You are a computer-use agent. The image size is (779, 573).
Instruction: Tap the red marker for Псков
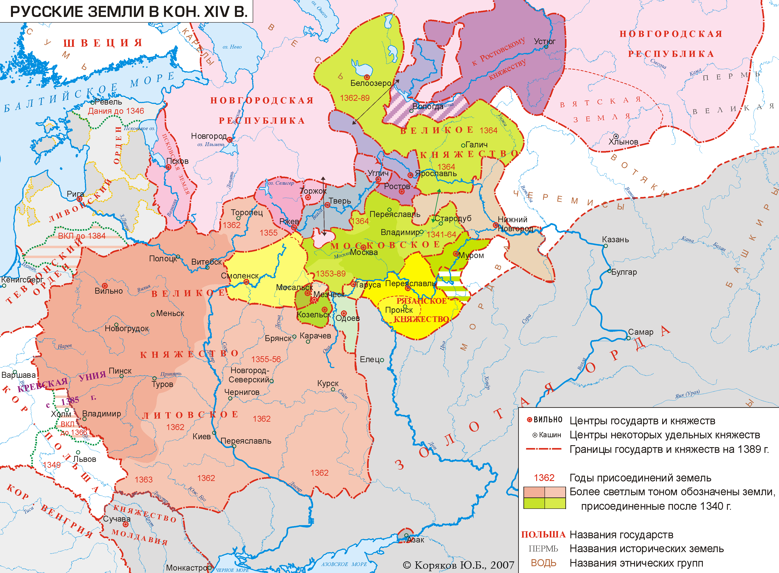click(x=168, y=167)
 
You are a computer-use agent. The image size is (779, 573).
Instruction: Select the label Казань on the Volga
click(x=615, y=240)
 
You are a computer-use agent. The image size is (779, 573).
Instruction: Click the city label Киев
click(x=201, y=436)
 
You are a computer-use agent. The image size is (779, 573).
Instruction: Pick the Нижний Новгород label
click(x=515, y=224)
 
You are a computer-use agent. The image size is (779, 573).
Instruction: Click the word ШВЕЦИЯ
click(x=103, y=43)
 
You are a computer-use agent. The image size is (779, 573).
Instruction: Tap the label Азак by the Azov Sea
click(x=415, y=540)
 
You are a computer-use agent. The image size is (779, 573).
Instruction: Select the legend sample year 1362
click(x=544, y=478)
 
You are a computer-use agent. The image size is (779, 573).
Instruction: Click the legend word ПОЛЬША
click(x=543, y=535)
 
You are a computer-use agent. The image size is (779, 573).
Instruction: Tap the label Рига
click(x=75, y=194)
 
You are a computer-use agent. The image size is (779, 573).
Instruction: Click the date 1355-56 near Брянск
click(x=266, y=359)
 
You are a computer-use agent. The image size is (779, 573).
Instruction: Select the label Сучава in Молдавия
click(x=117, y=519)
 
